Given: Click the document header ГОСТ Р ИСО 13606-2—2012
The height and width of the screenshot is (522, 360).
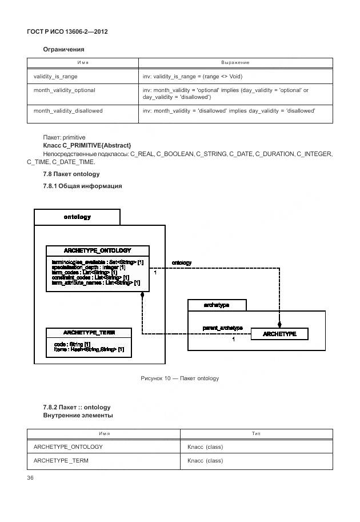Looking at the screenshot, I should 67,31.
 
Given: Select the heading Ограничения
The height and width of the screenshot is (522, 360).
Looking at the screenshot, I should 63,50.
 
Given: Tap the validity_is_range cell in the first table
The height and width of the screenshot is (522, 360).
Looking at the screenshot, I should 55,76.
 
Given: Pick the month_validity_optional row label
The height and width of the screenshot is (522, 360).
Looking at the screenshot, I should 65,90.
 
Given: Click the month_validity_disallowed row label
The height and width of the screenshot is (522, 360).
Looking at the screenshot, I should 68,110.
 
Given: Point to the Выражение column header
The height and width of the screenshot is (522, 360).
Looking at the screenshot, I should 235,62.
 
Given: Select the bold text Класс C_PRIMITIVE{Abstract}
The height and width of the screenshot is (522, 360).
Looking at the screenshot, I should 87,146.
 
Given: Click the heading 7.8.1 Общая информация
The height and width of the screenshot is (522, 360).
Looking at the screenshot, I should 82,186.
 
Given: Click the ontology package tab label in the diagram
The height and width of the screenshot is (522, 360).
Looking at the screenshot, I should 77,217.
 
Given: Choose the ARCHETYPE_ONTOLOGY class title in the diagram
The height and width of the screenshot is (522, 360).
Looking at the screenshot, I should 97,250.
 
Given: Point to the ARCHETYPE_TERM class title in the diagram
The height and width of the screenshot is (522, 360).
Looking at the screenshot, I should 89,333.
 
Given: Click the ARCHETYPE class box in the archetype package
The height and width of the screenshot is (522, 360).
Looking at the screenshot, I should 279,334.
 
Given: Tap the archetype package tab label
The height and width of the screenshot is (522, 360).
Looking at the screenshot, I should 217,305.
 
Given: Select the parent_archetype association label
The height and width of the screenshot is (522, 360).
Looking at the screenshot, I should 223,328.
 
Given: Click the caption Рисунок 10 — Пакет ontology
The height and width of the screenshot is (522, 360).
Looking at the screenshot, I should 180,378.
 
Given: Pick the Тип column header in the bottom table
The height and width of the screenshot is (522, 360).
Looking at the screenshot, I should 257,435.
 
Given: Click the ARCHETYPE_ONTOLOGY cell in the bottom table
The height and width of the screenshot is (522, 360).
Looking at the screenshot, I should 69,447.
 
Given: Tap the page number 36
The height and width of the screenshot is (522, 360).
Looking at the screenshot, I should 31,478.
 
